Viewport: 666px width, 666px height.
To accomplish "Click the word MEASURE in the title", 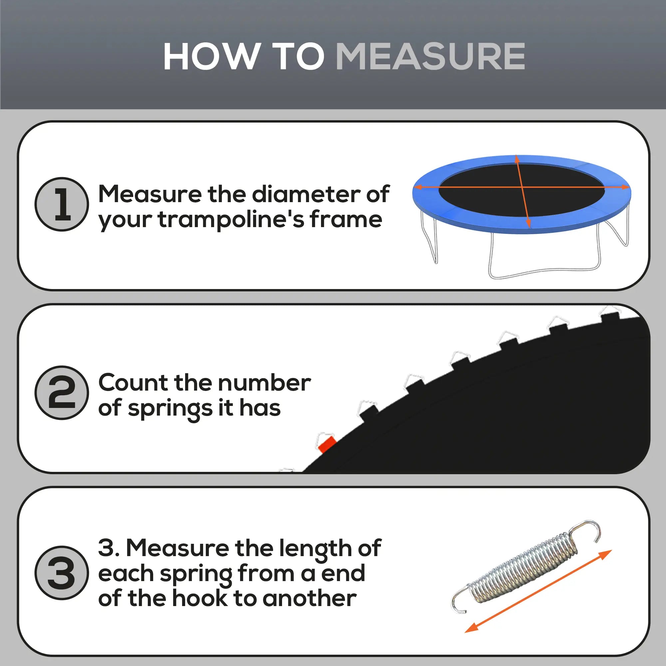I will [x=430, y=57].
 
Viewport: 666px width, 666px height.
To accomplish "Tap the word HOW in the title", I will [x=211, y=57].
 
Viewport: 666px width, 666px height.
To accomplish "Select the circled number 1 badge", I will [x=62, y=204].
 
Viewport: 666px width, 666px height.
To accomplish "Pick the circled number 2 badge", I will [x=62, y=393].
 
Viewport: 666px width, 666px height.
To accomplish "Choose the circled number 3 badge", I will [x=62, y=573].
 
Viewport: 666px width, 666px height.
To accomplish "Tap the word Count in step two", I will [x=133, y=383].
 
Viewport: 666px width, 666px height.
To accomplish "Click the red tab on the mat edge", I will [x=326, y=444].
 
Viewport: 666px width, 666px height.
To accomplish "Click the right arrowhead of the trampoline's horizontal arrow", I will [x=625, y=187].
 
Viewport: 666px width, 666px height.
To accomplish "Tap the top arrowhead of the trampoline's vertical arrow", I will [x=517, y=159].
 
